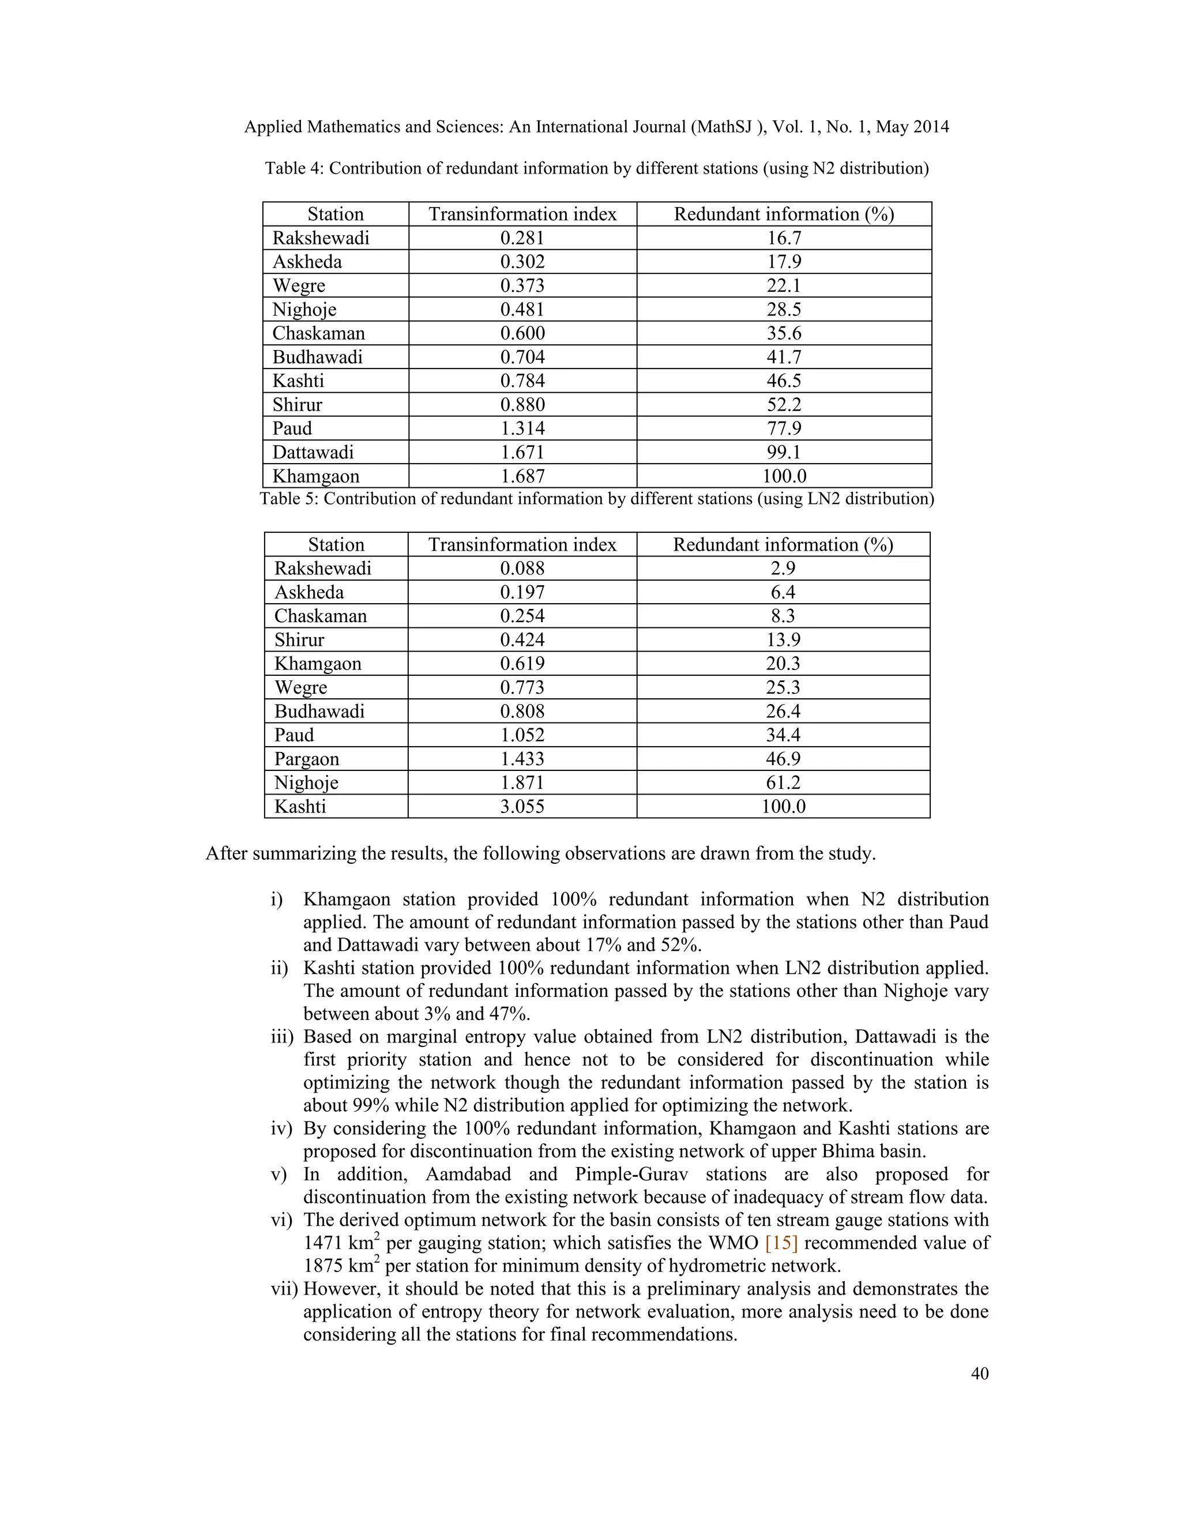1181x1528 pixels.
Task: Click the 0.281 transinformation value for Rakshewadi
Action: click(522, 238)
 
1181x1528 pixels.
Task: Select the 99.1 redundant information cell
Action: click(784, 452)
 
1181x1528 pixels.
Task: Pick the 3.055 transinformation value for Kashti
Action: click(522, 806)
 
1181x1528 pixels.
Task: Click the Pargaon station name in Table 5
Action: click(306, 758)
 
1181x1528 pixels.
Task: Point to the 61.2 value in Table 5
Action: click(783, 782)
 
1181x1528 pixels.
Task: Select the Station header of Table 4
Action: click(335, 214)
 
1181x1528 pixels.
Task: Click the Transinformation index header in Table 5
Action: click(522, 544)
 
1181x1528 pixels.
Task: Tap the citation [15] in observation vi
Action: click(781, 1243)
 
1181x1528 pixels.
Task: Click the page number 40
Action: click(980, 1373)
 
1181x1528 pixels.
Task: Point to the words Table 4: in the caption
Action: click(294, 168)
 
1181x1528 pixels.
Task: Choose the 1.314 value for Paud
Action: click(522, 428)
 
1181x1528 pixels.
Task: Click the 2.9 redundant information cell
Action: click(783, 568)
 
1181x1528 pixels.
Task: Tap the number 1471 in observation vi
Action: click(326, 1243)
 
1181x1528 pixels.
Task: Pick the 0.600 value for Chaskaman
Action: click(522, 333)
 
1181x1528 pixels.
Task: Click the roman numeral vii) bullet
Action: click(284, 1289)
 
